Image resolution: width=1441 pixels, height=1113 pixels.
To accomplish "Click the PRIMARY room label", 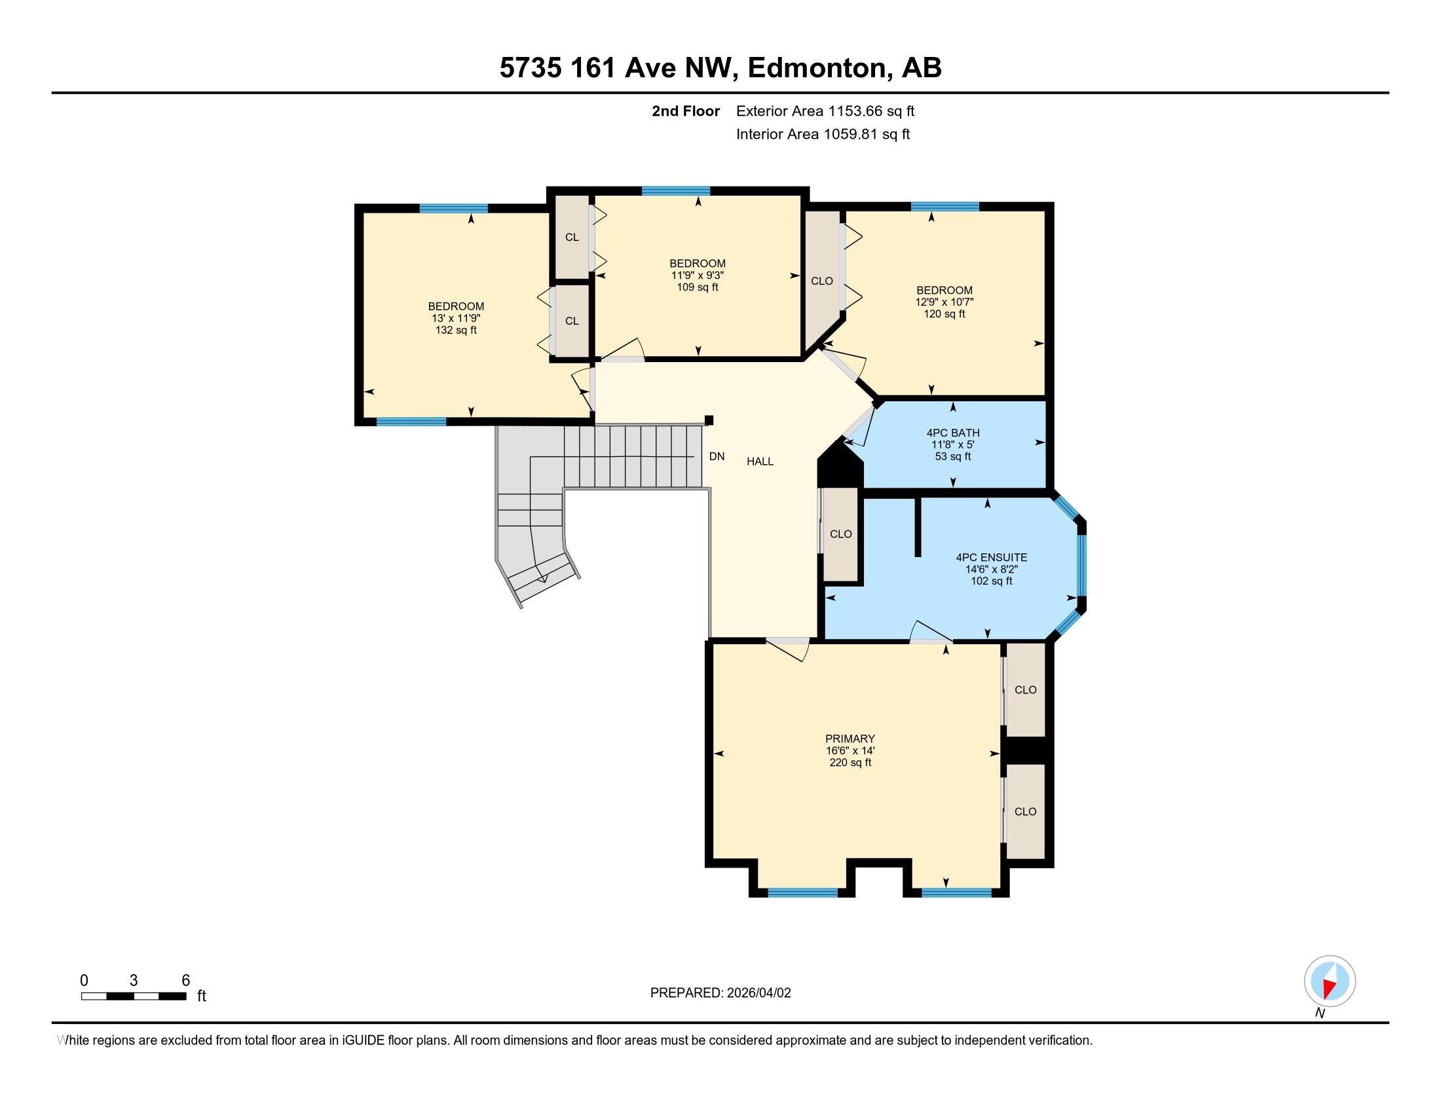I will [850, 739].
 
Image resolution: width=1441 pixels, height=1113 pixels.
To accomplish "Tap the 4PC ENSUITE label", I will [991, 557].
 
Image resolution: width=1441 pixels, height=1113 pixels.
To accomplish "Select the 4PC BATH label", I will [953, 433].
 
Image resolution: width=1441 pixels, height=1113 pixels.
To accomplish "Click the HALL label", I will [760, 462].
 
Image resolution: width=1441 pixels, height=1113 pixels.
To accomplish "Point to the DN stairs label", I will [717, 456].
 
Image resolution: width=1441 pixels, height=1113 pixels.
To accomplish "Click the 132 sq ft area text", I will [456, 330].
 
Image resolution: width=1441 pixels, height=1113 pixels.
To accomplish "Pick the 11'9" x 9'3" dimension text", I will [698, 275].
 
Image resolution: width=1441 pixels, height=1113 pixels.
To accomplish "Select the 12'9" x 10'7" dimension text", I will [944, 302].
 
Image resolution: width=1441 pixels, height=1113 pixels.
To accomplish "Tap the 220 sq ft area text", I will [850, 762].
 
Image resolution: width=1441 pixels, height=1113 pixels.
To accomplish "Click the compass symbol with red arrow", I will [1330, 981].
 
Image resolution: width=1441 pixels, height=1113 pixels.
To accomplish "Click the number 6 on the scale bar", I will [185, 980].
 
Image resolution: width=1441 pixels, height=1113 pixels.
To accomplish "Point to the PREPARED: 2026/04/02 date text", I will [720, 993].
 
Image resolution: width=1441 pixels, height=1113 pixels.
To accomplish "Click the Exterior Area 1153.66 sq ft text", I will [825, 111].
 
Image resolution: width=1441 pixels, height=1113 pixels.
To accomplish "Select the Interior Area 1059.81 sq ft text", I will [823, 134].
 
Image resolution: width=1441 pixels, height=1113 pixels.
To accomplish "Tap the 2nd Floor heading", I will [686, 111].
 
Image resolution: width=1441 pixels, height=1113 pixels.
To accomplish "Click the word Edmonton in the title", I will [817, 67].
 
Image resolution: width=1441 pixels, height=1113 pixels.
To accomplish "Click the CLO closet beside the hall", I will [840, 534].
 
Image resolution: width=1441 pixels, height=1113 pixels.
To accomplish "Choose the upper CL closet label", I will [571, 237].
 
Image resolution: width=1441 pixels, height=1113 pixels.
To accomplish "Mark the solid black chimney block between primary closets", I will [1024, 750].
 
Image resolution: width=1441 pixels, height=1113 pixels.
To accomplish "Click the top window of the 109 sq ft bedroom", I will [676, 191].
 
